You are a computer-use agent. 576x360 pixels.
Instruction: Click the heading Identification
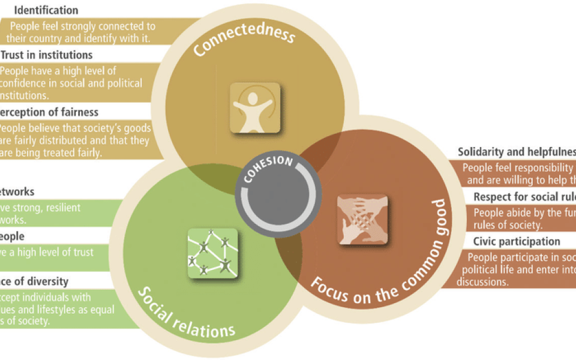46,10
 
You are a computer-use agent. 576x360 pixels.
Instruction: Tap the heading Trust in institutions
47,55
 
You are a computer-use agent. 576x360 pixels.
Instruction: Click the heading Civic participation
517,241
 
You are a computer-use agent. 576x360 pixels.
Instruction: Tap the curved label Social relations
186,312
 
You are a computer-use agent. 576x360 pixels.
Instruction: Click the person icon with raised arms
255,108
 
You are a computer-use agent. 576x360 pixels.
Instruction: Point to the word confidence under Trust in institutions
27,83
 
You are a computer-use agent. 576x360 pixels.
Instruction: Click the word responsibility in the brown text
542,168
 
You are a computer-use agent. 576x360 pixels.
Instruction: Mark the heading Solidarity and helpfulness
517,151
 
